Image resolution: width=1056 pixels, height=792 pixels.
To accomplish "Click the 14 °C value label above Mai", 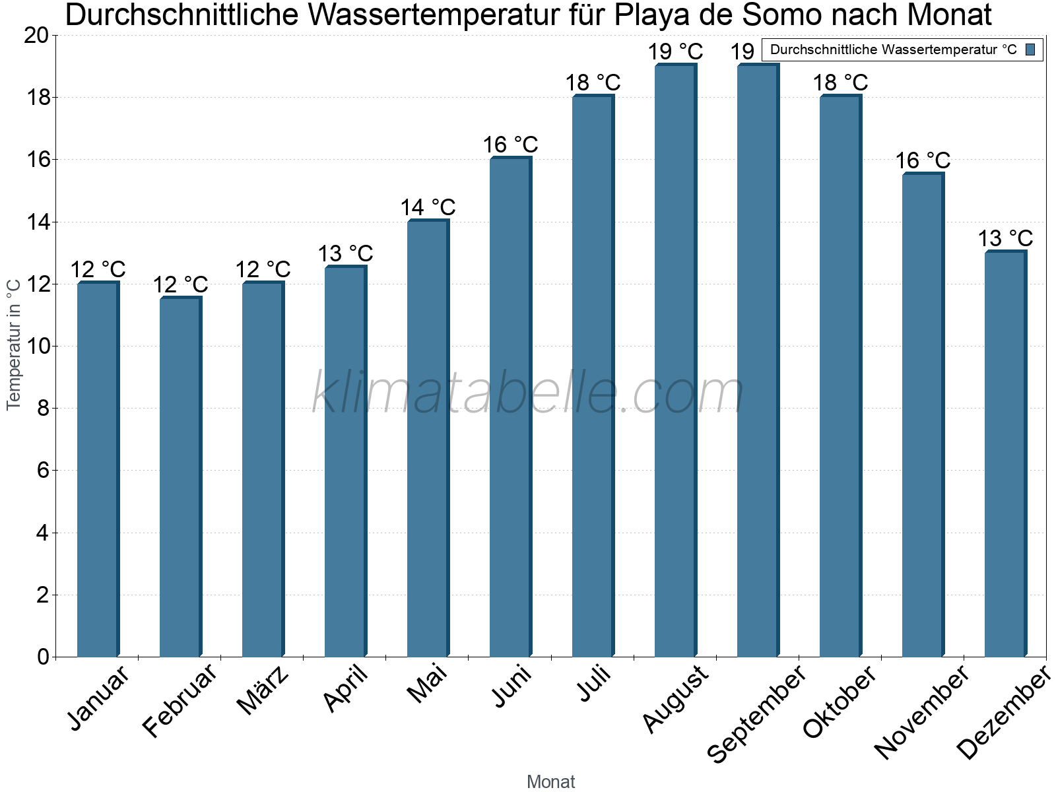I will click(428, 207).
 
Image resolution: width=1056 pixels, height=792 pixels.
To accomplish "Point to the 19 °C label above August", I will click(675, 51).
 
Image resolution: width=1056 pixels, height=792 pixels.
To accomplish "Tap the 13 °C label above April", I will click(345, 253).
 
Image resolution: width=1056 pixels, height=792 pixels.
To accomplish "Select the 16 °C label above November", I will click(923, 160).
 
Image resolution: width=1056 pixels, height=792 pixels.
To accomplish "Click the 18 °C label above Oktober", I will click(840, 82).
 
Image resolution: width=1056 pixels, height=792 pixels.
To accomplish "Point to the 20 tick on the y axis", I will click(36, 36).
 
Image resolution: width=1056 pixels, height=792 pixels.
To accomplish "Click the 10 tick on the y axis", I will click(36, 346).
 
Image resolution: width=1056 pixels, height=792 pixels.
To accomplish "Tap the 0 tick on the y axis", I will click(44, 657).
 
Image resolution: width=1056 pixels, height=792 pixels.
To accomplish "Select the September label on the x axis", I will click(756, 714).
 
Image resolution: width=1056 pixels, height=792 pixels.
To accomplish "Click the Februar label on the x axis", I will click(180, 700).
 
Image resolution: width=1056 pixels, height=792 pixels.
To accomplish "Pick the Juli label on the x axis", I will click(594, 684).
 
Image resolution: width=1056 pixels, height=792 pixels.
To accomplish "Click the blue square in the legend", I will click(1031, 49).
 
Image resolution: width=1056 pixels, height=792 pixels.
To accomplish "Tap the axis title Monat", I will click(550, 781).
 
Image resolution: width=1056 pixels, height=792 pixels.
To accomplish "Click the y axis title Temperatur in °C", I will click(14, 345).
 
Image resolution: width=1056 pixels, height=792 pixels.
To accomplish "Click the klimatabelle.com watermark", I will click(528, 393).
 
